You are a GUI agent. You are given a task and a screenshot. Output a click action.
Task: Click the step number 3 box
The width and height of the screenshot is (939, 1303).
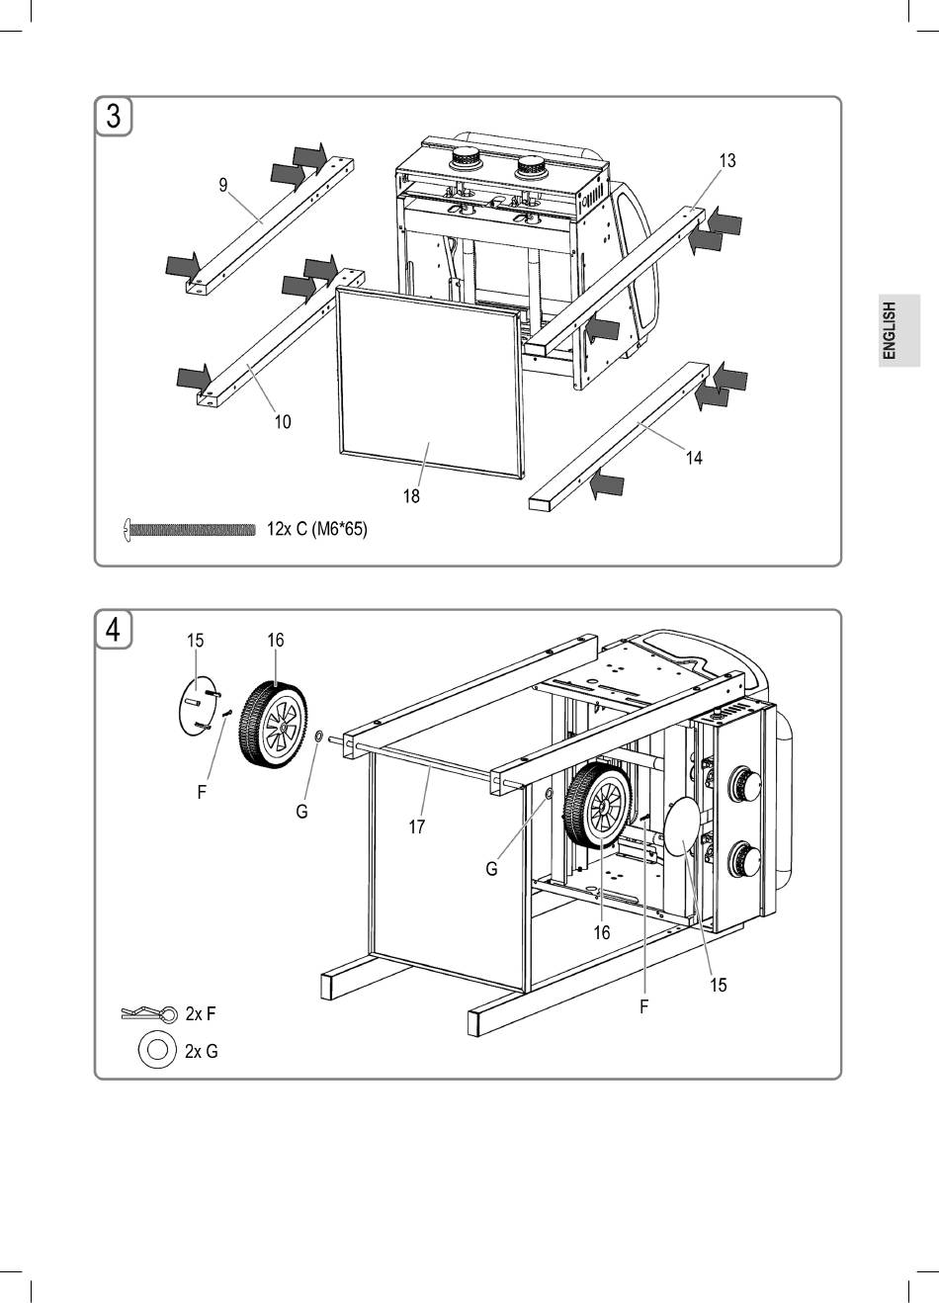(114, 117)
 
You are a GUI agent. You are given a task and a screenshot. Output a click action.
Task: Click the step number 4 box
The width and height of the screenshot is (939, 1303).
(114, 629)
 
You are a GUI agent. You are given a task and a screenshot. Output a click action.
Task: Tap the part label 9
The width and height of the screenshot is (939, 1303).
(223, 185)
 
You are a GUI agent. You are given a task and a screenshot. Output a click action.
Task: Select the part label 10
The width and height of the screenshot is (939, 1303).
(283, 422)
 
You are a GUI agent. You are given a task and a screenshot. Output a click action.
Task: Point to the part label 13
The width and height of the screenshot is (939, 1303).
(727, 161)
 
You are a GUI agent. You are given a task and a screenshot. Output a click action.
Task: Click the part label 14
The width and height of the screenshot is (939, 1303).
(694, 458)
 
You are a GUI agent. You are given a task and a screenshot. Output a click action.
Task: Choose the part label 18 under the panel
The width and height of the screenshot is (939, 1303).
(410, 496)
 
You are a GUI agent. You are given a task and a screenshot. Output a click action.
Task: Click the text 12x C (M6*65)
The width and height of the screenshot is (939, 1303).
(316, 530)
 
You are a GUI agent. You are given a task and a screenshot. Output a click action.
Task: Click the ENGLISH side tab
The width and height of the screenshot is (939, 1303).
(898, 330)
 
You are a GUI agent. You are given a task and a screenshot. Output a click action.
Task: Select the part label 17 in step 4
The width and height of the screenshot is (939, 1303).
(417, 826)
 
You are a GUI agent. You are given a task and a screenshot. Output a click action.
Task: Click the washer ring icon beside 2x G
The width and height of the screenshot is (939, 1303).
(155, 1050)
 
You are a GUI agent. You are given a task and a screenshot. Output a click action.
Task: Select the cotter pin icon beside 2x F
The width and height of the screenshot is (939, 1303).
(149, 1014)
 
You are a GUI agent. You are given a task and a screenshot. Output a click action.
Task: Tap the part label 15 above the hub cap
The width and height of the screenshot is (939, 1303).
(195, 642)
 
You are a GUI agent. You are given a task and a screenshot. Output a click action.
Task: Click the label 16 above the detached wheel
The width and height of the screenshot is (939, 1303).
(275, 641)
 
